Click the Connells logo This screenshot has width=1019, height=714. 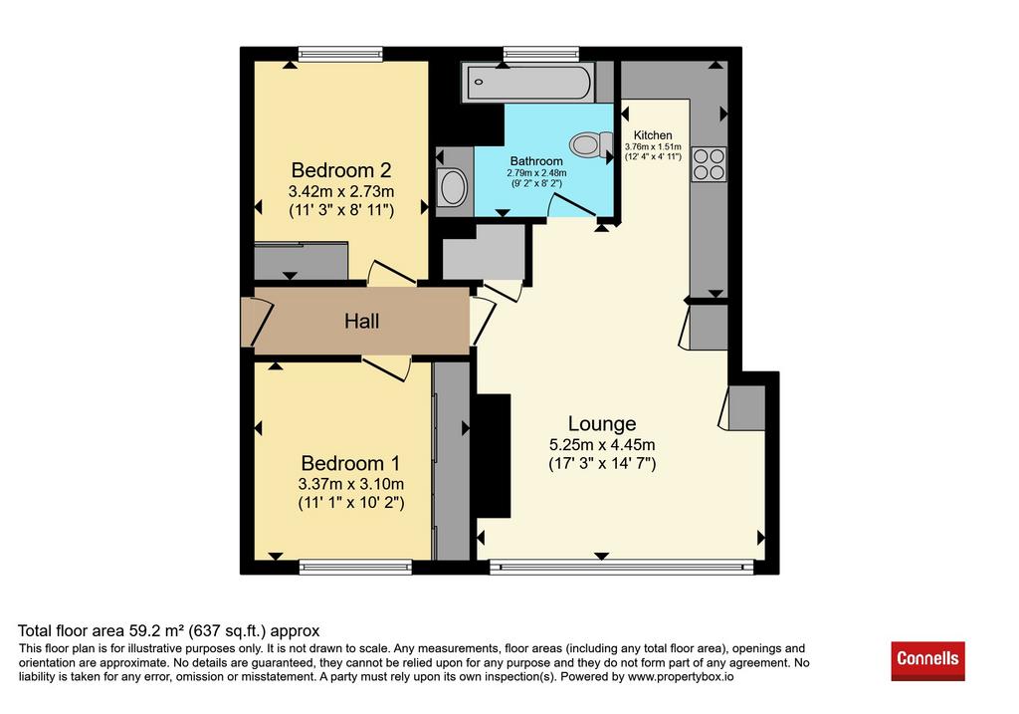[927, 660]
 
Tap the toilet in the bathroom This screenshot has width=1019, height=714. [591, 144]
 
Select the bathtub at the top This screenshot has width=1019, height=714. [527, 82]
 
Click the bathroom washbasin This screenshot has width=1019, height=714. [453, 186]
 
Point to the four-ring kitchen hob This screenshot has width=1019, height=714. [709, 164]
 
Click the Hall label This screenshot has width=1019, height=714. [362, 322]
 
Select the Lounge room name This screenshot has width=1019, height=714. [602, 424]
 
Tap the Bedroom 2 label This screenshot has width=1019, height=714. [341, 170]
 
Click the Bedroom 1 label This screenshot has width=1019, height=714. [351, 464]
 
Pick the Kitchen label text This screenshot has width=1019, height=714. [653, 135]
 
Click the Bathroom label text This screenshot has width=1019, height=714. [536, 161]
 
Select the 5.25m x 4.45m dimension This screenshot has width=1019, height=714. [602, 445]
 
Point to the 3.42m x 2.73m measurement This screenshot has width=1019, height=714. [341, 192]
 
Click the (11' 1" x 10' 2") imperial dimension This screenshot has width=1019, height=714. [351, 503]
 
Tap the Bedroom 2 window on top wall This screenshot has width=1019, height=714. [340, 54]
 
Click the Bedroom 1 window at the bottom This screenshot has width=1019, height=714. [355, 567]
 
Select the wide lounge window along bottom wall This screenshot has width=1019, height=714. [621, 567]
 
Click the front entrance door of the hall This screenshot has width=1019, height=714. [258, 322]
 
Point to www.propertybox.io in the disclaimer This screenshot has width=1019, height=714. [681, 677]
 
